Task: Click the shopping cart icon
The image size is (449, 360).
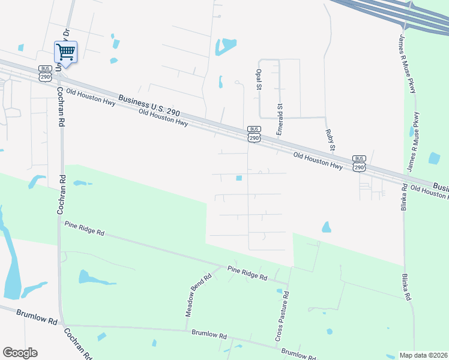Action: pyautogui.click(x=65, y=52)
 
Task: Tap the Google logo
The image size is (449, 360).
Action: pyautogui.click(x=20, y=353)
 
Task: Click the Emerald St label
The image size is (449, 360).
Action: pyautogui.click(x=280, y=118)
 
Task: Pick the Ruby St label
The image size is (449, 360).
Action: pyautogui.click(x=330, y=139)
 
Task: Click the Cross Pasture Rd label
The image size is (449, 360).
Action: pyautogui.click(x=282, y=317)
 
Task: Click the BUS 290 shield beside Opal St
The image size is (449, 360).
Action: pyautogui.click(x=254, y=134)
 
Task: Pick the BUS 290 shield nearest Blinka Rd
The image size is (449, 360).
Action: pyautogui.click(x=359, y=163)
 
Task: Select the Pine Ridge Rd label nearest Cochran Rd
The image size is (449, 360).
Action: pyautogui.click(x=84, y=228)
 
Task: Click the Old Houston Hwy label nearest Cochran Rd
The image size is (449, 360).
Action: pyautogui.click(x=90, y=98)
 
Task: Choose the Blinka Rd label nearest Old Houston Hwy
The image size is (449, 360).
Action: pyautogui.click(x=404, y=197)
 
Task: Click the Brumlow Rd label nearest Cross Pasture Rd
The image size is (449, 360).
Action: pyautogui.click(x=298, y=355)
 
